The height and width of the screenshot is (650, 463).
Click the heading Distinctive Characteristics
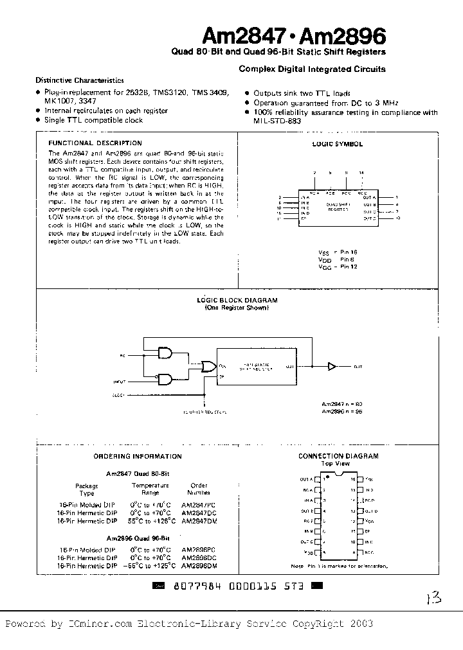[80, 81]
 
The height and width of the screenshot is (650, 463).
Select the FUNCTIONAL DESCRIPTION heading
[95, 143]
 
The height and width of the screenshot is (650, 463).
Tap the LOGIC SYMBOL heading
[338, 145]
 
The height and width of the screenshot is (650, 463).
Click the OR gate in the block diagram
[209, 366]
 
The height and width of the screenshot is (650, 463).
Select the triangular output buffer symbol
[332, 366]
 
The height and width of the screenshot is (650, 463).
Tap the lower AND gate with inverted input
[165, 380]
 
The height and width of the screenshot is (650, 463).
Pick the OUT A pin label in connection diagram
[305, 479]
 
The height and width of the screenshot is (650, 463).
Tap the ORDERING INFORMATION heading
[137, 456]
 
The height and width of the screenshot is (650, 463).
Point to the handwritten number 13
[433, 599]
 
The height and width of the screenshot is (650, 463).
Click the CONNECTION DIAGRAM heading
[338, 456]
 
